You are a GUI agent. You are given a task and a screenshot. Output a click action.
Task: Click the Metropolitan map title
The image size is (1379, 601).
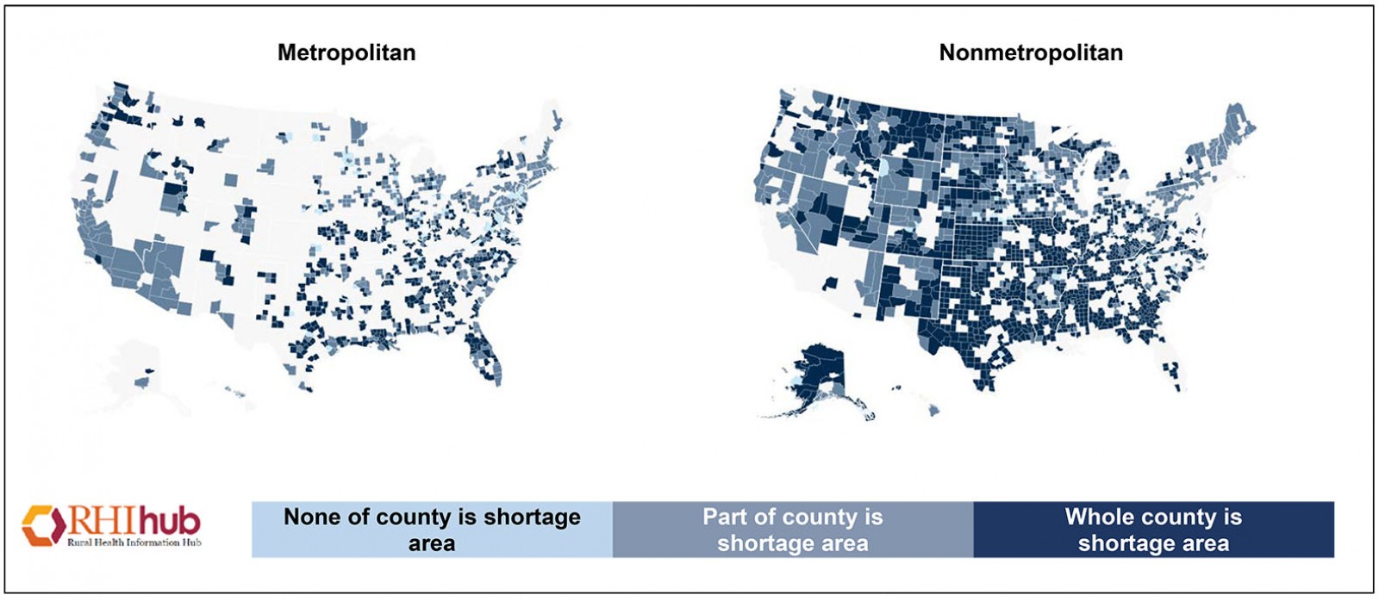pos(346,53)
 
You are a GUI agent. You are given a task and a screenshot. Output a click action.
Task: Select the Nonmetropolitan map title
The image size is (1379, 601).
pos(1031,53)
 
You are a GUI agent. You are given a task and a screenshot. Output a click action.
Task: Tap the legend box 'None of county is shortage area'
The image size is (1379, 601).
pos(432,530)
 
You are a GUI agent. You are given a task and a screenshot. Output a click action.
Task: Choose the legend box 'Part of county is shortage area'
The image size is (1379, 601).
pos(793,530)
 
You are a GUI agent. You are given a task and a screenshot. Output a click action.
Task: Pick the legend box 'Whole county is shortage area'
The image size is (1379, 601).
pos(1153,530)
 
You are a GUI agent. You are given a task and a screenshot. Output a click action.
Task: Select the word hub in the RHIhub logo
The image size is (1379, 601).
pos(170,521)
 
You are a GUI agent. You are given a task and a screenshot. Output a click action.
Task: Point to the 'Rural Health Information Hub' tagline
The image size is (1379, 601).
pos(134,542)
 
